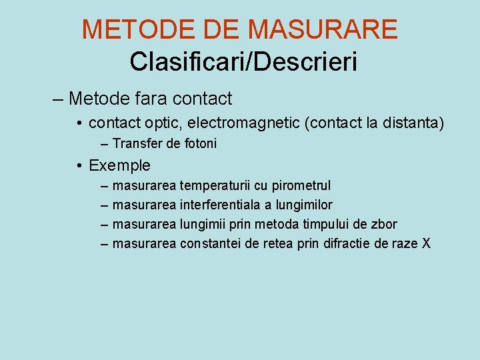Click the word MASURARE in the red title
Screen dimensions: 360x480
[x=322, y=29]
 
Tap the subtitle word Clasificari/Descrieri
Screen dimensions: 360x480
[x=243, y=61]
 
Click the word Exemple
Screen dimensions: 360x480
[x=119, y=165]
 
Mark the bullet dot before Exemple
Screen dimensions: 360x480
[x=79, y=165]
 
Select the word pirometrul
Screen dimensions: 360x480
[x=301, y=185]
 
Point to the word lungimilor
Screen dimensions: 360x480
[x=304, y=205]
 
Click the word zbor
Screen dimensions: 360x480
[x=383, y=224]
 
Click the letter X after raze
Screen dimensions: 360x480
[x=426, y=243]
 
